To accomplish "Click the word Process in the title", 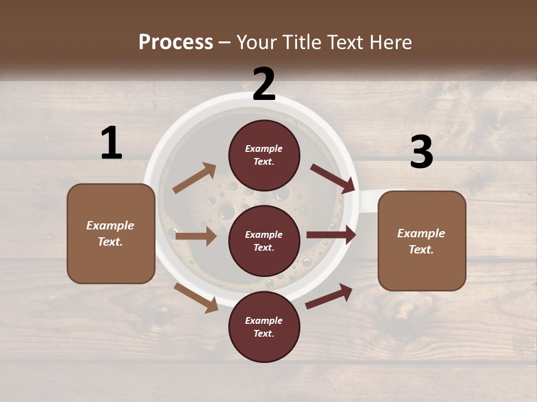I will pos(176,42).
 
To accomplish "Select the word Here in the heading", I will pos(389,42).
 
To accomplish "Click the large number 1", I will pos(111,143).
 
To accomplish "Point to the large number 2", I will pos(264,84).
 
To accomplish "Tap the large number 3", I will pos(422,152).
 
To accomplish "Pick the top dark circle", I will pos(264,155).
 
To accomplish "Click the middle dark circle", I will pos(264,241).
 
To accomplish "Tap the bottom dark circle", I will pos(264,327).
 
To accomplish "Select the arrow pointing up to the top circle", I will pos(195,178).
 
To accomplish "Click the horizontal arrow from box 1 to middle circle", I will pos(196,236).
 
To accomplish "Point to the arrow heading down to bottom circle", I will pos(196,298).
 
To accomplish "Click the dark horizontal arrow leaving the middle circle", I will pos(331,235).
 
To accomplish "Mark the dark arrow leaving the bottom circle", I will pos(329,296).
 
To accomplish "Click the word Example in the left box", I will pos(110,226).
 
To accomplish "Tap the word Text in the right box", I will pos(421,250).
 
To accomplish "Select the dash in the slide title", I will pos(225,42).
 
